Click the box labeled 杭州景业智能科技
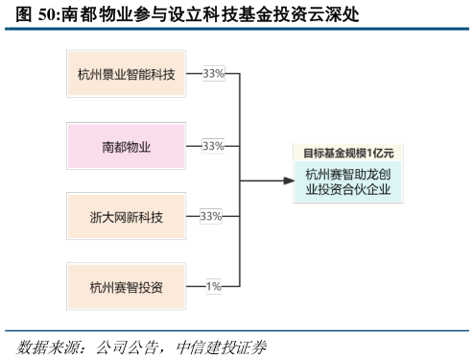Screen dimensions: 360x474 pos(126,74)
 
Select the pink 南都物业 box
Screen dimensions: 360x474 pos(126,146)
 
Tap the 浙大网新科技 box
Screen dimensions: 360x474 pos(126,216)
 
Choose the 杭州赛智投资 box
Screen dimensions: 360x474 pos(126,286)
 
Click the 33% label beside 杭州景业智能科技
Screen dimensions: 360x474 pos(213,74)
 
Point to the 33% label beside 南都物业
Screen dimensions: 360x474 pos(213,146)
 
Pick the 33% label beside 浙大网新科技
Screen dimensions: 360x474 pos(210,216)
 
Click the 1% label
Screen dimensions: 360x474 pos(213,286)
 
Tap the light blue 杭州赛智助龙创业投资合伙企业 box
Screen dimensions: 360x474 pos(348,181)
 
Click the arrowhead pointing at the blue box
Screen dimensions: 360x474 pos(287,180)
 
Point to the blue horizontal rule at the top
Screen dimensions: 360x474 pos(237,29)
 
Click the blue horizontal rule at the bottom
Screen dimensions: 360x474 pos(237,330)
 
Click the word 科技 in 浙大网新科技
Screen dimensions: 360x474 pos(151,216)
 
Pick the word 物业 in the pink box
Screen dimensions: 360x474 pos(138,146)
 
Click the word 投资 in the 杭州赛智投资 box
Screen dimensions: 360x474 pos(150,286)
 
